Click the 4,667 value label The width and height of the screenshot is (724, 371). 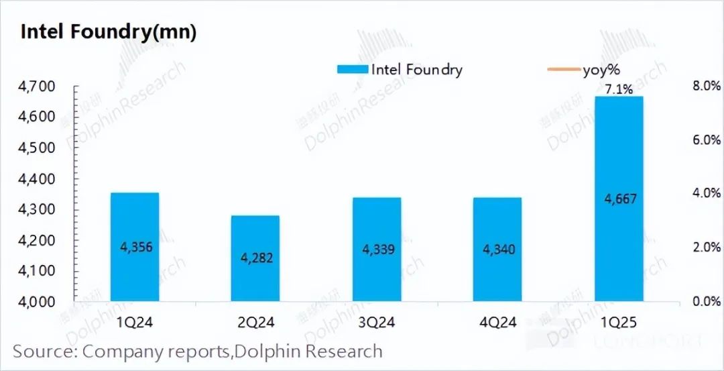pyautogui.click(x=619, y=199)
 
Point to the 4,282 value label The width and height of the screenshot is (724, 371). pyautogui.click(x=255, y=258)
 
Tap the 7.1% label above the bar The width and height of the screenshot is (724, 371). pyautogui.click(x=618, y=89)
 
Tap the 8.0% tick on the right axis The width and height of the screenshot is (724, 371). pyautogui.click(x=705, y=87)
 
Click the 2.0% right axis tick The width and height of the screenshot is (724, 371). pyautogui.click(x=705, y=248)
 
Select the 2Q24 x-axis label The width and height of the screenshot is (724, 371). pyautogui.click(x=255, y=323)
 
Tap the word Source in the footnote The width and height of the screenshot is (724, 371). pyautogui.click(x=44, y=352)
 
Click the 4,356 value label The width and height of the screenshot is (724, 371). pyautogui.click(x=135, y=247)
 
